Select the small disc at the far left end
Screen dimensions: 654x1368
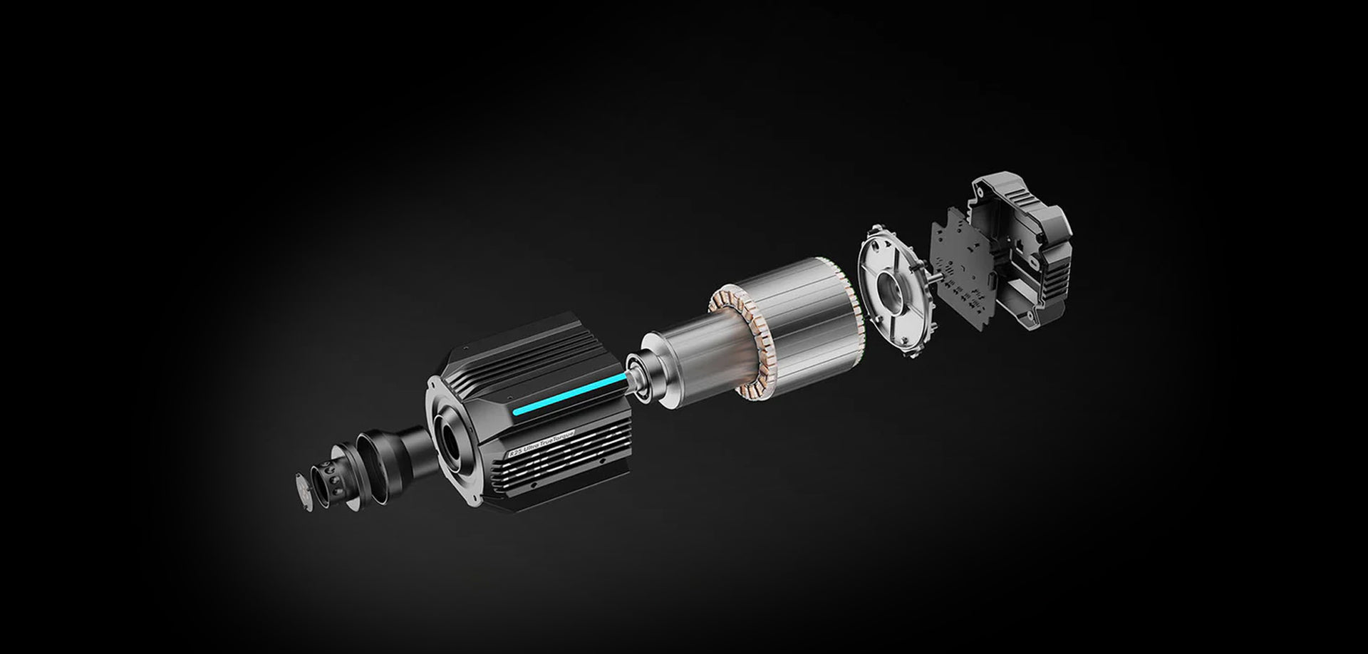tap(304, 487)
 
